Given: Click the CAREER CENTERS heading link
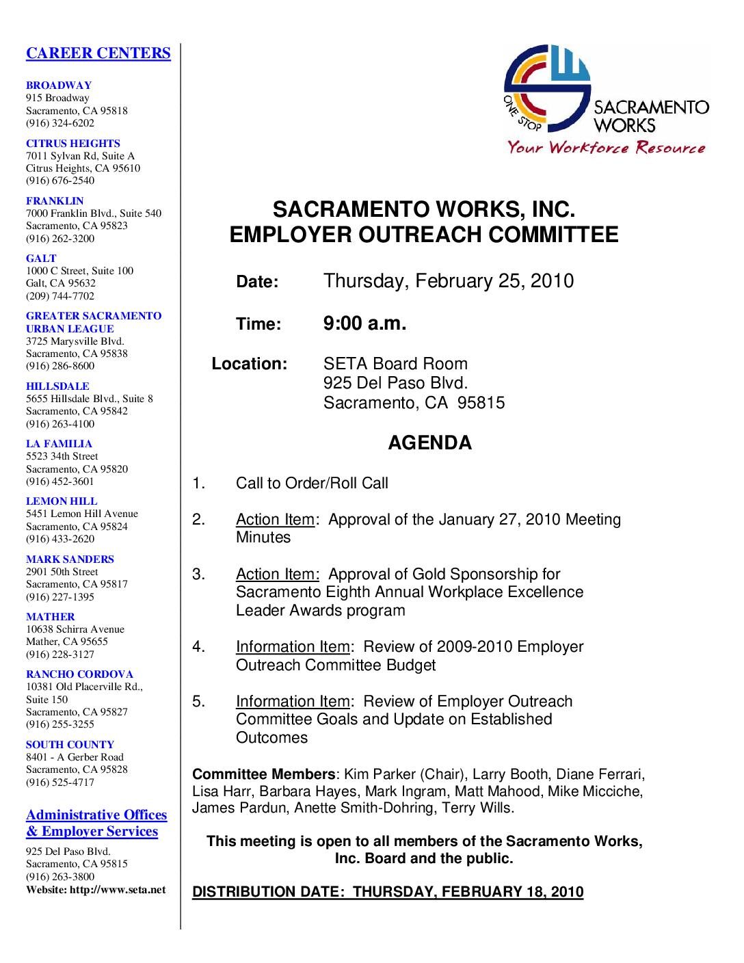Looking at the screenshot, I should point(98,53).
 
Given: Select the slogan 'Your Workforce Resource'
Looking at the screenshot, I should point(606,147).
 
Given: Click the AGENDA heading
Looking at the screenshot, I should point(429,443).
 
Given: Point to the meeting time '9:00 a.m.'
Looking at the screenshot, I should point(364,324).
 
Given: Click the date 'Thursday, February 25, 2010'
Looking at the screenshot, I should point(448,281).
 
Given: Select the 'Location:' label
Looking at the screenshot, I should point(249,364).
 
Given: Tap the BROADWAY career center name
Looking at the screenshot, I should point(59,85).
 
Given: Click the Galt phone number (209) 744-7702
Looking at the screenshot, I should point(60,296).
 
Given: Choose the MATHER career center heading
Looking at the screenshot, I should point(51,616).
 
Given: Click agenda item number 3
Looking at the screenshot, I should point(198,574).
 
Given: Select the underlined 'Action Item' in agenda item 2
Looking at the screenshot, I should point(275,520).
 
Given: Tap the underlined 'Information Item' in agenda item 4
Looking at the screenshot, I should point(293,646).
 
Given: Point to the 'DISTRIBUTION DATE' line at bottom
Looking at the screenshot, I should point(388,892).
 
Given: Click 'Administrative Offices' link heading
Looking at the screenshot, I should point(96,815).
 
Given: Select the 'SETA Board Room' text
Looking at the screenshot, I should point(395,364).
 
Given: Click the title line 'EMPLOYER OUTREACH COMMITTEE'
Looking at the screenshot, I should point(423,235).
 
